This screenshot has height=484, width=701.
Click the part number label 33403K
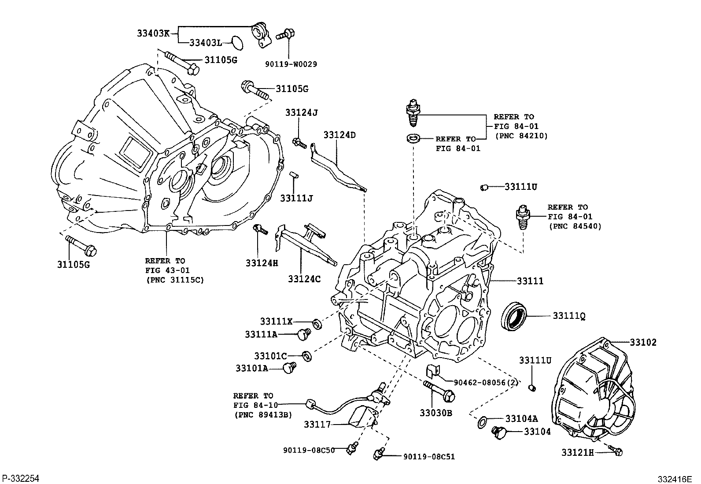click(153, 33)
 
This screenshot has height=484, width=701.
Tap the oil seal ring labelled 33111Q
click(514, 316)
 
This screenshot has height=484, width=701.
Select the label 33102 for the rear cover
click(643, 343)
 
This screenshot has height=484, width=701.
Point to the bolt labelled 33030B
click(439, 392)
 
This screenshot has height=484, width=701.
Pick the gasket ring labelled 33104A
click(482, 422)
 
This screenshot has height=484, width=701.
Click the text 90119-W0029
click(291, 64)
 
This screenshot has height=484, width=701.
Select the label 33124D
click(339, 135)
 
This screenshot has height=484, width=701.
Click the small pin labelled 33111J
click(294, 175)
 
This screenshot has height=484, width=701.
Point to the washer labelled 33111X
click(317, 324)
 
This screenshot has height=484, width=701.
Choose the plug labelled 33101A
click(290, 368)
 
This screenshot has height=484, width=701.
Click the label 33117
click(317, 425)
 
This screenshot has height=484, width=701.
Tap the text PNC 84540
click(575, 226)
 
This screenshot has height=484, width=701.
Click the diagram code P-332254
click(21, 479)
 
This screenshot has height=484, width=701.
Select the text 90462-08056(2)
click(486, 383)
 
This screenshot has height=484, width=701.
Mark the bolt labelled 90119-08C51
click(379, 454)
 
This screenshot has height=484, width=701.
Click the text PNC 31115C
click(175, 280)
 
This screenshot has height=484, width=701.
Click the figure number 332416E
click(675, 479)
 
